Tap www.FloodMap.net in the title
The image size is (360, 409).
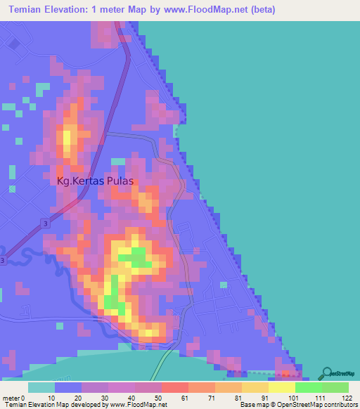[x=210, y=10]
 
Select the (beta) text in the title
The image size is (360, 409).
[x=261, y=10]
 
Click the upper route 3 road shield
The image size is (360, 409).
[x=46, y=223]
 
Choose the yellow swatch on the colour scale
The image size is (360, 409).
[x=281, y=387]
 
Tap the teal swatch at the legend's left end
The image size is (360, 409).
[x=41, y=387]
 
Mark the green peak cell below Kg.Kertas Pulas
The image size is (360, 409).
[x=139, y=253]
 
